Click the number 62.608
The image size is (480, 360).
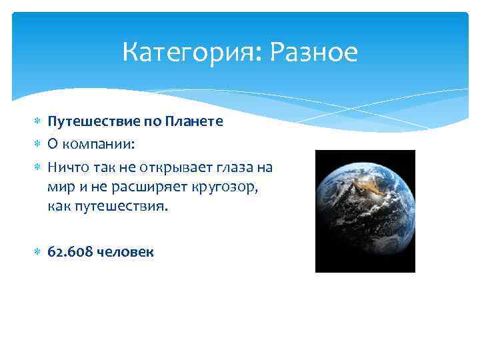[70, 252]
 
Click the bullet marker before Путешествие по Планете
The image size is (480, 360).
[38, 123]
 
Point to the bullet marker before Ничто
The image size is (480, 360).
[38, 165]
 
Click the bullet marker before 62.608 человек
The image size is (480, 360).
[38, 253]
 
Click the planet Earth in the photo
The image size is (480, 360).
[363, 210]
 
